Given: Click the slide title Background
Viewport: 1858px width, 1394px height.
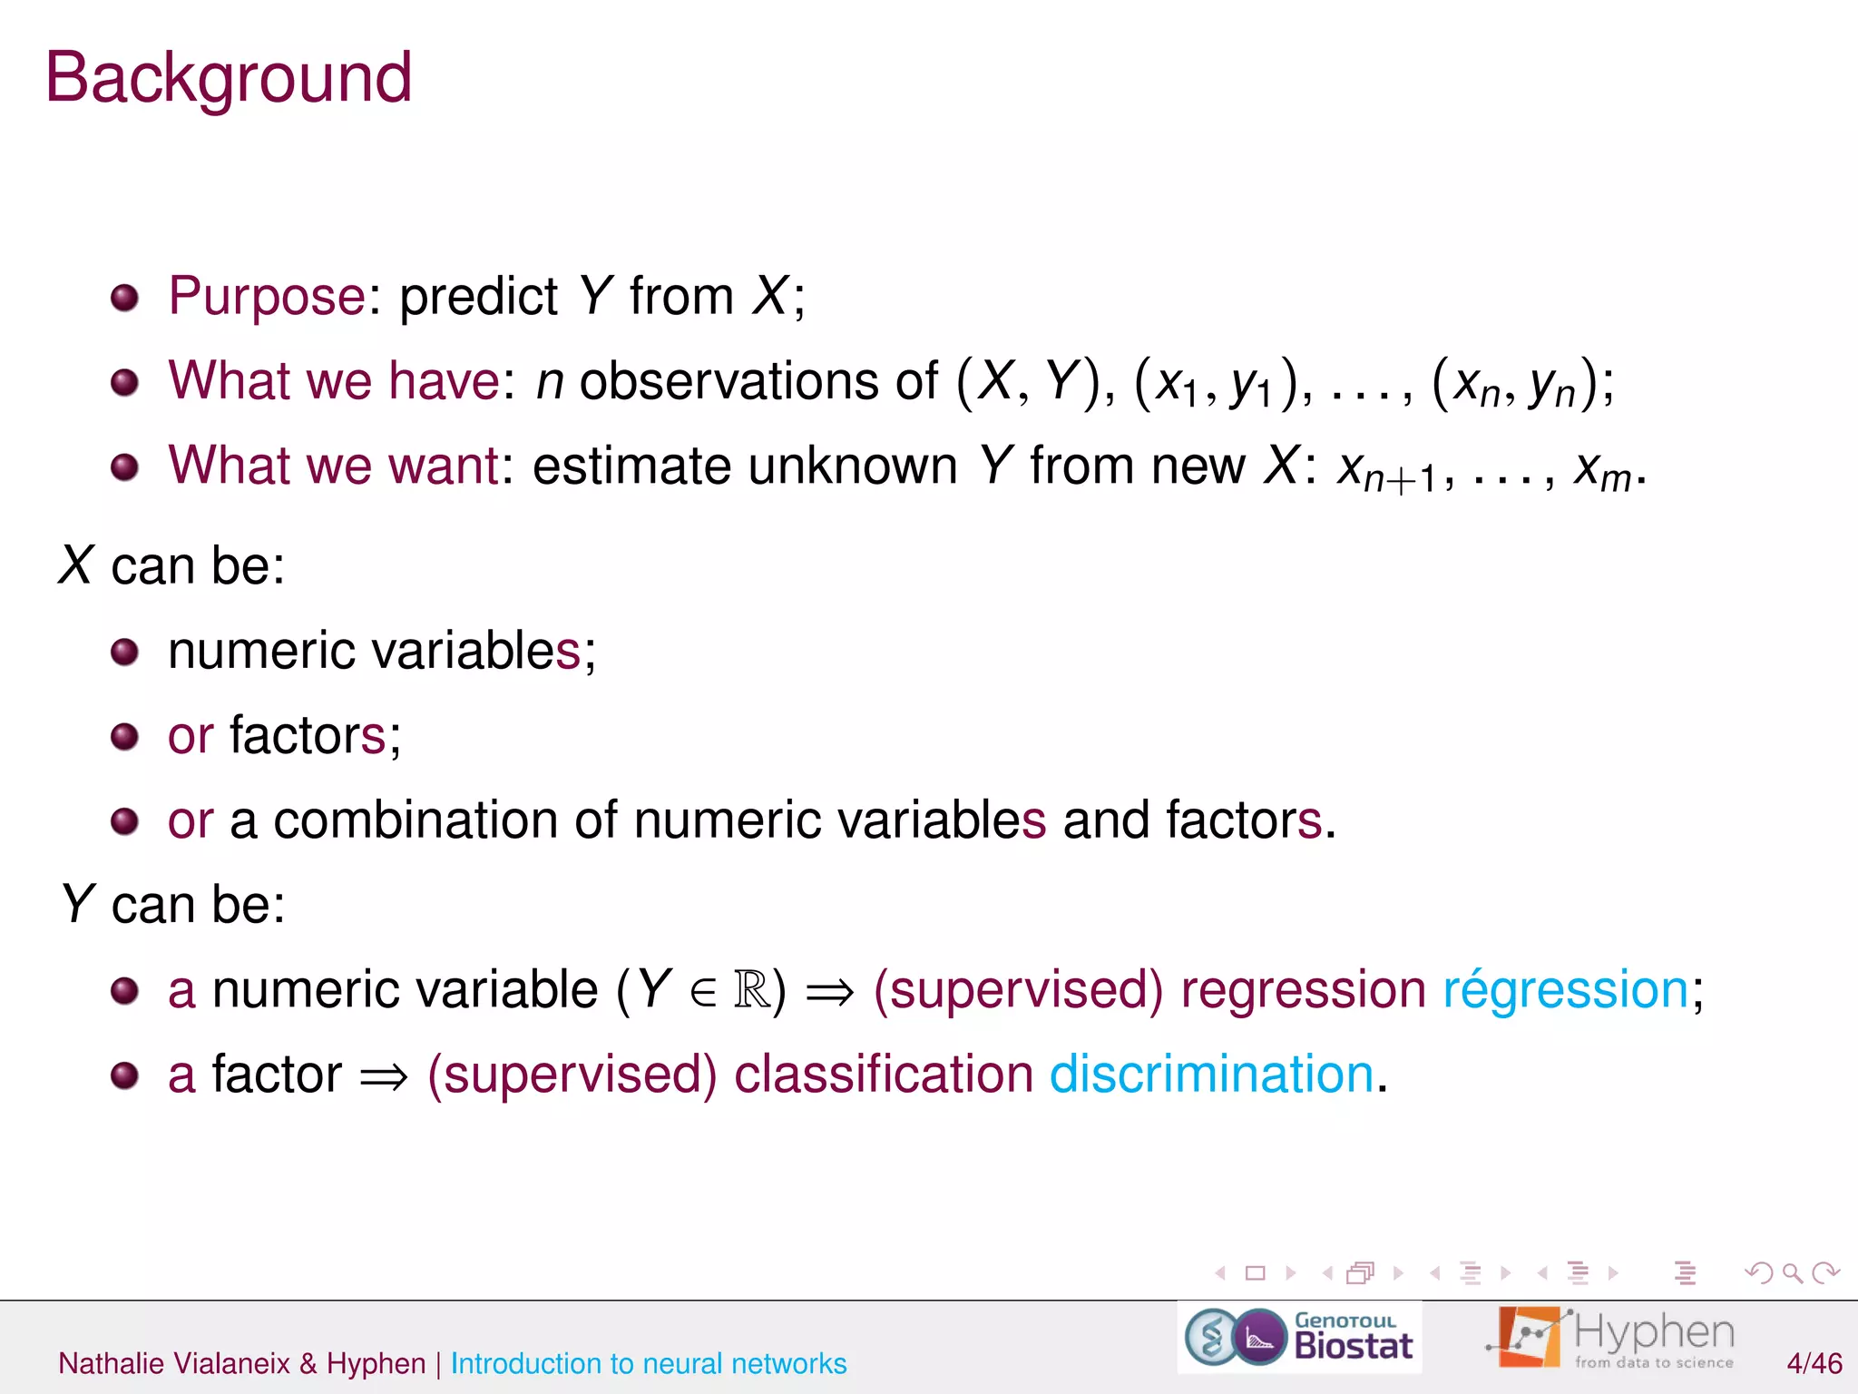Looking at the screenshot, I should click(229, 79).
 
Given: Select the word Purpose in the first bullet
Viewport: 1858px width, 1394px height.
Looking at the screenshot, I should click(267, 296).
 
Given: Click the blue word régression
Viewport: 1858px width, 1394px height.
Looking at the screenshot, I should click(1565, 989).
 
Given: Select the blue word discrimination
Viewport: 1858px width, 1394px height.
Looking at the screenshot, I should click(1211, 1075).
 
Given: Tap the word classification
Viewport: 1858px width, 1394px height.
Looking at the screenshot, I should click(884, 1075).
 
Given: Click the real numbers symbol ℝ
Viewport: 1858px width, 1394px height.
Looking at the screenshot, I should click(752, 989).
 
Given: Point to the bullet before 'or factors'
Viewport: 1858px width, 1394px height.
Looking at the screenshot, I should click(124, 736).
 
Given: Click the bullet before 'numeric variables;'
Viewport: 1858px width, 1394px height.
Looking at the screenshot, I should click(124, 652).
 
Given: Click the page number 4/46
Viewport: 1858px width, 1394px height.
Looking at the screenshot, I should click(1814, 1363).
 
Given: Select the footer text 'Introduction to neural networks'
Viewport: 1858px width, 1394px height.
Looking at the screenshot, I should click(649, 1363).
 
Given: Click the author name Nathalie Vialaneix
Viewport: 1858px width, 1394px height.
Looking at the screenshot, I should click(174, 1363).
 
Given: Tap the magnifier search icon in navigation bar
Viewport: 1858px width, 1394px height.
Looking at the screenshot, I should click(1792, 1273).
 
